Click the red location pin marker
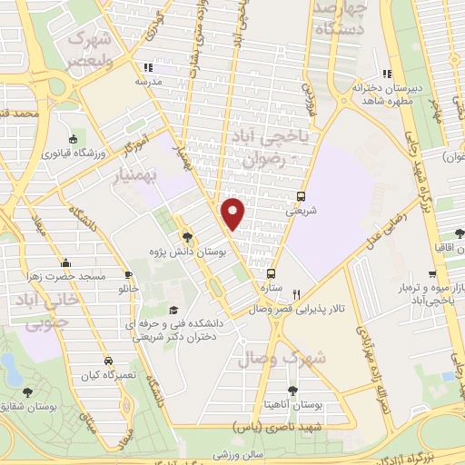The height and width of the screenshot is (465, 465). point(234,213)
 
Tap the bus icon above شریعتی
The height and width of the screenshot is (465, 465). point(301,195)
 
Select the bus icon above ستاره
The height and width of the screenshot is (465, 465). point(270,272)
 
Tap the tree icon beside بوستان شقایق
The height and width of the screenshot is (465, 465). point(27,391)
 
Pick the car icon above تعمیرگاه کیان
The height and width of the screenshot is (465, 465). point(108,361)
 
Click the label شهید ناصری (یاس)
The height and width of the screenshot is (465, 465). point(276,425)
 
